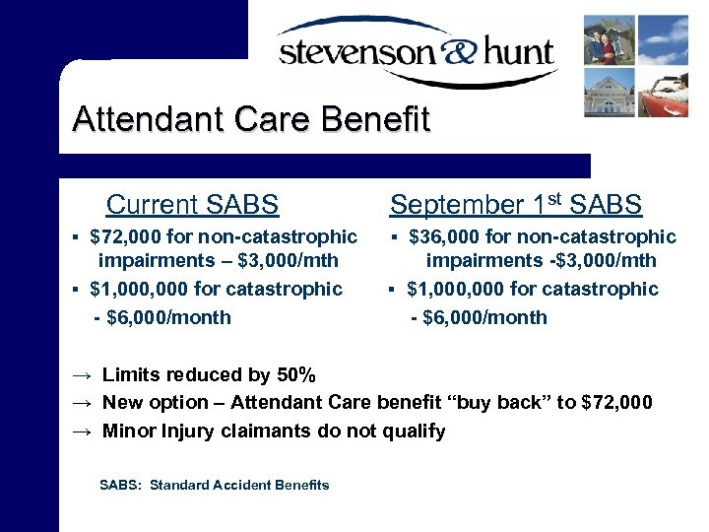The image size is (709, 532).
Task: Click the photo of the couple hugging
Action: pyautogui.click(x=609, y=38)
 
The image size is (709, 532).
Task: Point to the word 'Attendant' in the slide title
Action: pyautogui.click(x=142, y=120)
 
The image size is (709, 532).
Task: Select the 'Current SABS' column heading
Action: pyautogui.click(x=192, y=205)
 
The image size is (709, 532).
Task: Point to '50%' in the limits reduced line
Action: pyautogui.click(x=294, y=374)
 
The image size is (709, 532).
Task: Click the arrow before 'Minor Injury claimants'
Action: pyautogui.click(x=83, y=432)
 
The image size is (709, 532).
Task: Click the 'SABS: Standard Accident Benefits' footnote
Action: pyautogui.click(x=215, y=485)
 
